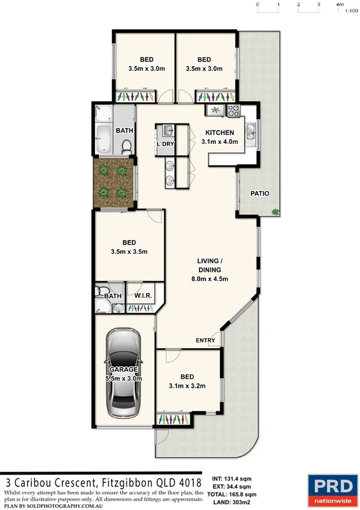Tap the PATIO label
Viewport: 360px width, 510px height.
[260, 194]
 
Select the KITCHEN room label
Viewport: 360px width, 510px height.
[220, 132]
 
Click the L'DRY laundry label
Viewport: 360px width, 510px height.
[165, 145]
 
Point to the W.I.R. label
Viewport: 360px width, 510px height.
[142, 296]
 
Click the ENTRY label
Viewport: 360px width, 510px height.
[206, 341]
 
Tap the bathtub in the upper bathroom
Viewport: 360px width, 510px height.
[103, 139]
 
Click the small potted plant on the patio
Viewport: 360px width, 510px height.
[275, 211]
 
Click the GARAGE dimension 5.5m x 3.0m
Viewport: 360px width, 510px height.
[124, 378]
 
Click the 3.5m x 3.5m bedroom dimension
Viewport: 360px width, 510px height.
[129, 251]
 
